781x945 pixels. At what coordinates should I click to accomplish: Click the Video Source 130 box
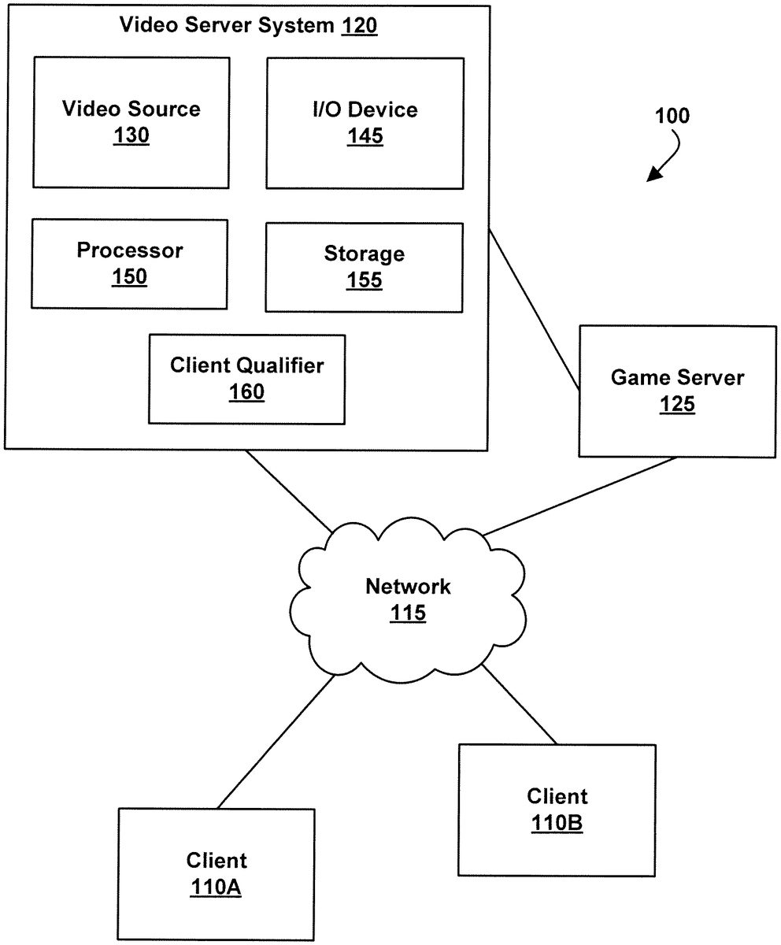[x=131, y=122]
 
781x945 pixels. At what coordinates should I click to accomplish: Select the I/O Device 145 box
[x=365, y=122]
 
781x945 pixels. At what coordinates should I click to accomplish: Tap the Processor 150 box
[x=129, y=263]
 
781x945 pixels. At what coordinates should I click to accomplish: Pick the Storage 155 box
[x=364, y=267]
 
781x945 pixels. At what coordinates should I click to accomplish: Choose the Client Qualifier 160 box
[x=246, y=378]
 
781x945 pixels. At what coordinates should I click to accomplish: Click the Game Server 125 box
[x=676, y=391]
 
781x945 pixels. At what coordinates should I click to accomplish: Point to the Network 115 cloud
[x=408, y=598]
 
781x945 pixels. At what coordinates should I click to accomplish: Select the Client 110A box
[x=216, y=874]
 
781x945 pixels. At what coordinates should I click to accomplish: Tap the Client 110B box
[x=557, y=810]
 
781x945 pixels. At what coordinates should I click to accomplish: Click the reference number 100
[x=672, y=117]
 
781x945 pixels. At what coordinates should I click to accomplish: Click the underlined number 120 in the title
[x=359, y=26]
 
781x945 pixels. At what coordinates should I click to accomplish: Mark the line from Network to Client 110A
[x=276, y=741]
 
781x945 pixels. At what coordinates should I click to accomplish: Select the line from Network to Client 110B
[x=519, y=704]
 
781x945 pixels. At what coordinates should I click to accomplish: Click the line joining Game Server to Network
[x=579, y=495]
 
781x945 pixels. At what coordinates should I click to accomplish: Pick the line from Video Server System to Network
[x=287, y=490]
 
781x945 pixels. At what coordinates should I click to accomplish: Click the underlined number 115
[x=408, y=613]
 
